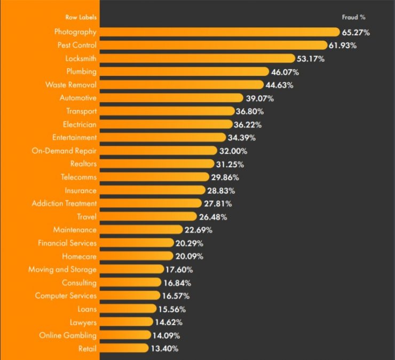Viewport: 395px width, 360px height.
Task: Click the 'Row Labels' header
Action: (81, 17)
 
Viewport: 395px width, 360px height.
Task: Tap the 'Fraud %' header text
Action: (353, 17)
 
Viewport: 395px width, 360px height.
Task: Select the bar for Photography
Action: (219, 32)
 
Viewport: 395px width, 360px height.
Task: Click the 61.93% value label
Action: (343, 45)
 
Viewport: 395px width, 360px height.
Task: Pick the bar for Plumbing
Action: (184, 72)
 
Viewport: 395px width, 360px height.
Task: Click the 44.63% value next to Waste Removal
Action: (279, 85)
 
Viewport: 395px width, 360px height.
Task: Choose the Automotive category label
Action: (78, 98)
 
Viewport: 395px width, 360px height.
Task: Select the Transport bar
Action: (167, 111)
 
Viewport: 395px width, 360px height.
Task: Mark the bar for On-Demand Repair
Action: (158, 151)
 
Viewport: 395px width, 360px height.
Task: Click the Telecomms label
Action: (78, 177)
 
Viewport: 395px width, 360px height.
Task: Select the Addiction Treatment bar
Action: (150, 204)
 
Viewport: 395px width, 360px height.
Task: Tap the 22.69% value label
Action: (199, 230)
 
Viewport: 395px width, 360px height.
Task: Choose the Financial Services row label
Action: (67, 243)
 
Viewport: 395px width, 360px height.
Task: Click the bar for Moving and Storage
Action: (131, 269)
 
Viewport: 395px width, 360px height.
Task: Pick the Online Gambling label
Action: (68, 335)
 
